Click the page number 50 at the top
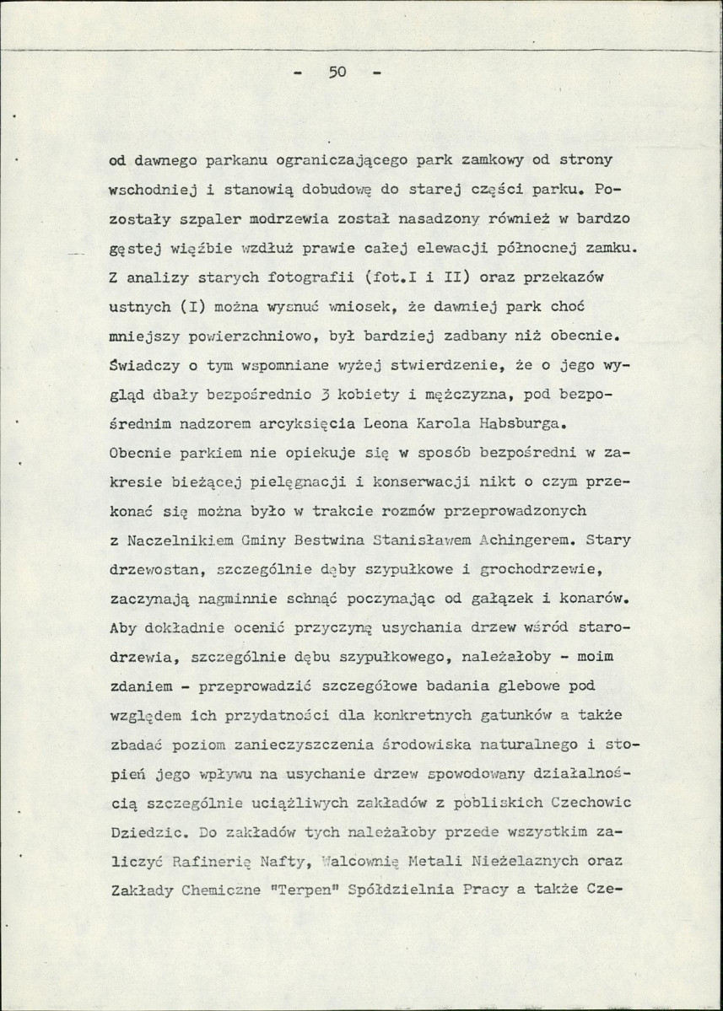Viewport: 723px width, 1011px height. (338, 73)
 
